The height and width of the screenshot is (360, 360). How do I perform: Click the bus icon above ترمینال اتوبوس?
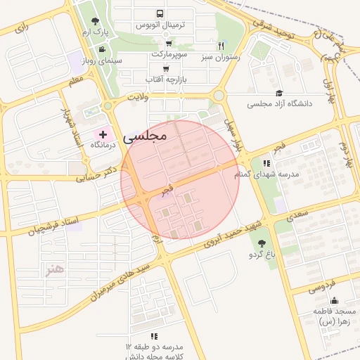coord(160,13)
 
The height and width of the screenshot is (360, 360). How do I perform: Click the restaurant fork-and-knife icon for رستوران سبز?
coord(221,46)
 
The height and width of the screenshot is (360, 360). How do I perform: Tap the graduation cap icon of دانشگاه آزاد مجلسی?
coord(278,93)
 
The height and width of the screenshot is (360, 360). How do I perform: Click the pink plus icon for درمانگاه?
coord(103,134)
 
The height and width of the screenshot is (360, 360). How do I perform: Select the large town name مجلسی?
coord(146,136)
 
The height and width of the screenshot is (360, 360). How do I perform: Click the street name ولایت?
coord(138,98)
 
